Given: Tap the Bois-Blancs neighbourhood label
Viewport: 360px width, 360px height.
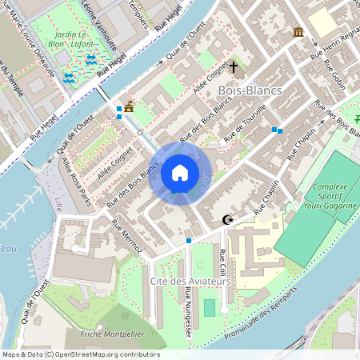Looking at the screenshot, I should coord(250,90).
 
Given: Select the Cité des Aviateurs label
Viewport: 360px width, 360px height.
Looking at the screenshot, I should coord(190,282).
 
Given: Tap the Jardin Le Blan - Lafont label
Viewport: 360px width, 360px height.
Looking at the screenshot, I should coord(85,40).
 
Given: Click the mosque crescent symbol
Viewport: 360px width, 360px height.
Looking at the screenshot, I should coord(228,218).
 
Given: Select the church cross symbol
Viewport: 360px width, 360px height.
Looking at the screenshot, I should coord(234,68).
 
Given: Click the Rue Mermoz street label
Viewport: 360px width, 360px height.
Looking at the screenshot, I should coord(127,237).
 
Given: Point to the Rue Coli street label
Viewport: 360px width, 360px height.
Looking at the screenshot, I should coord(222,263).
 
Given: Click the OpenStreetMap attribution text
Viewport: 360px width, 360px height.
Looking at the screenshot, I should coord(81,354).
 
